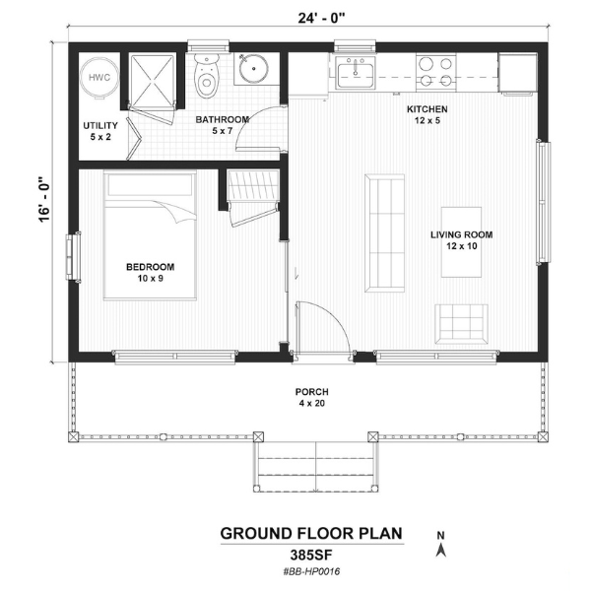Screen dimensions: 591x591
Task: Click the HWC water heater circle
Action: click(x=99, y=77)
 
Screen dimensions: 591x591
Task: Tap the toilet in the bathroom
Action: click(x=206, y=76)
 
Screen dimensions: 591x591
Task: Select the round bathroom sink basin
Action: click(x=254, y=69)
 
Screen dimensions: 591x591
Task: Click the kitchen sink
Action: click(x=355, y=73)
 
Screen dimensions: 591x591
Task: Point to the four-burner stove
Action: click(x=435, y=72)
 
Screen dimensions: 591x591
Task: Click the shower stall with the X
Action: click(x=152, y=80)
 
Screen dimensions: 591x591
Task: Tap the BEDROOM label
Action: click(x=150, y=267)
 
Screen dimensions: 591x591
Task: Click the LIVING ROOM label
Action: click(x=461, y=234)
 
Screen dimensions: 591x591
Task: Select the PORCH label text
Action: click(x=311, y=392)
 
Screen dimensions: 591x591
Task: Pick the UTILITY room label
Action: click(x=100, y=125)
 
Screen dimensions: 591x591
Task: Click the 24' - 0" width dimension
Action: click(x=321, y=18)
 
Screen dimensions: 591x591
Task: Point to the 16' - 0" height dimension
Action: click(x=44, y=199)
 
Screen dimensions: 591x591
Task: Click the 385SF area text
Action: click(x=311, y=556)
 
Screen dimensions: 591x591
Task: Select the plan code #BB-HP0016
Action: click(x=311, y=571)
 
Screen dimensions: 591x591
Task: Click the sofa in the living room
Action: click(x=384, y=233)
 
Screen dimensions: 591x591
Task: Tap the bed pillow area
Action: click(x=150, y=185)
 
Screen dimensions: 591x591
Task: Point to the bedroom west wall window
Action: click(x=73, y=257)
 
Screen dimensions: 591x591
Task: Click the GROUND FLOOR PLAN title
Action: click(x=311, y=534)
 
